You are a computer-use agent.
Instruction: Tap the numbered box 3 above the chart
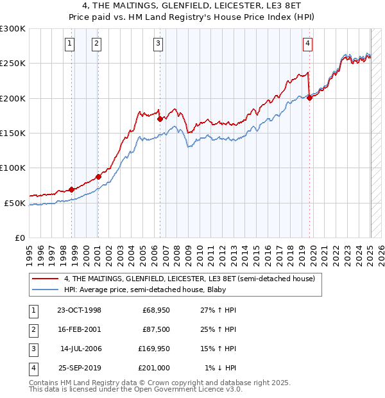pos(158,44)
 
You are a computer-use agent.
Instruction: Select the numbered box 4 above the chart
pos(308,44)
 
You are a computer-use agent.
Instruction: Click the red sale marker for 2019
pos(309,98)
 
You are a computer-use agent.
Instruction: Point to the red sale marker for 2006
pos(159,119)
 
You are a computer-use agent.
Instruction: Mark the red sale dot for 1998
pos(71,189)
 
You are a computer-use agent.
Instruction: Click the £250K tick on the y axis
pos(13,64)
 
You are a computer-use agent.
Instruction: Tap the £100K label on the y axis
pos(13,168)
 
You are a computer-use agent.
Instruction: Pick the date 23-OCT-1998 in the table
pos(79,310)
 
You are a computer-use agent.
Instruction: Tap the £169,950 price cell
pos(154,349)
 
